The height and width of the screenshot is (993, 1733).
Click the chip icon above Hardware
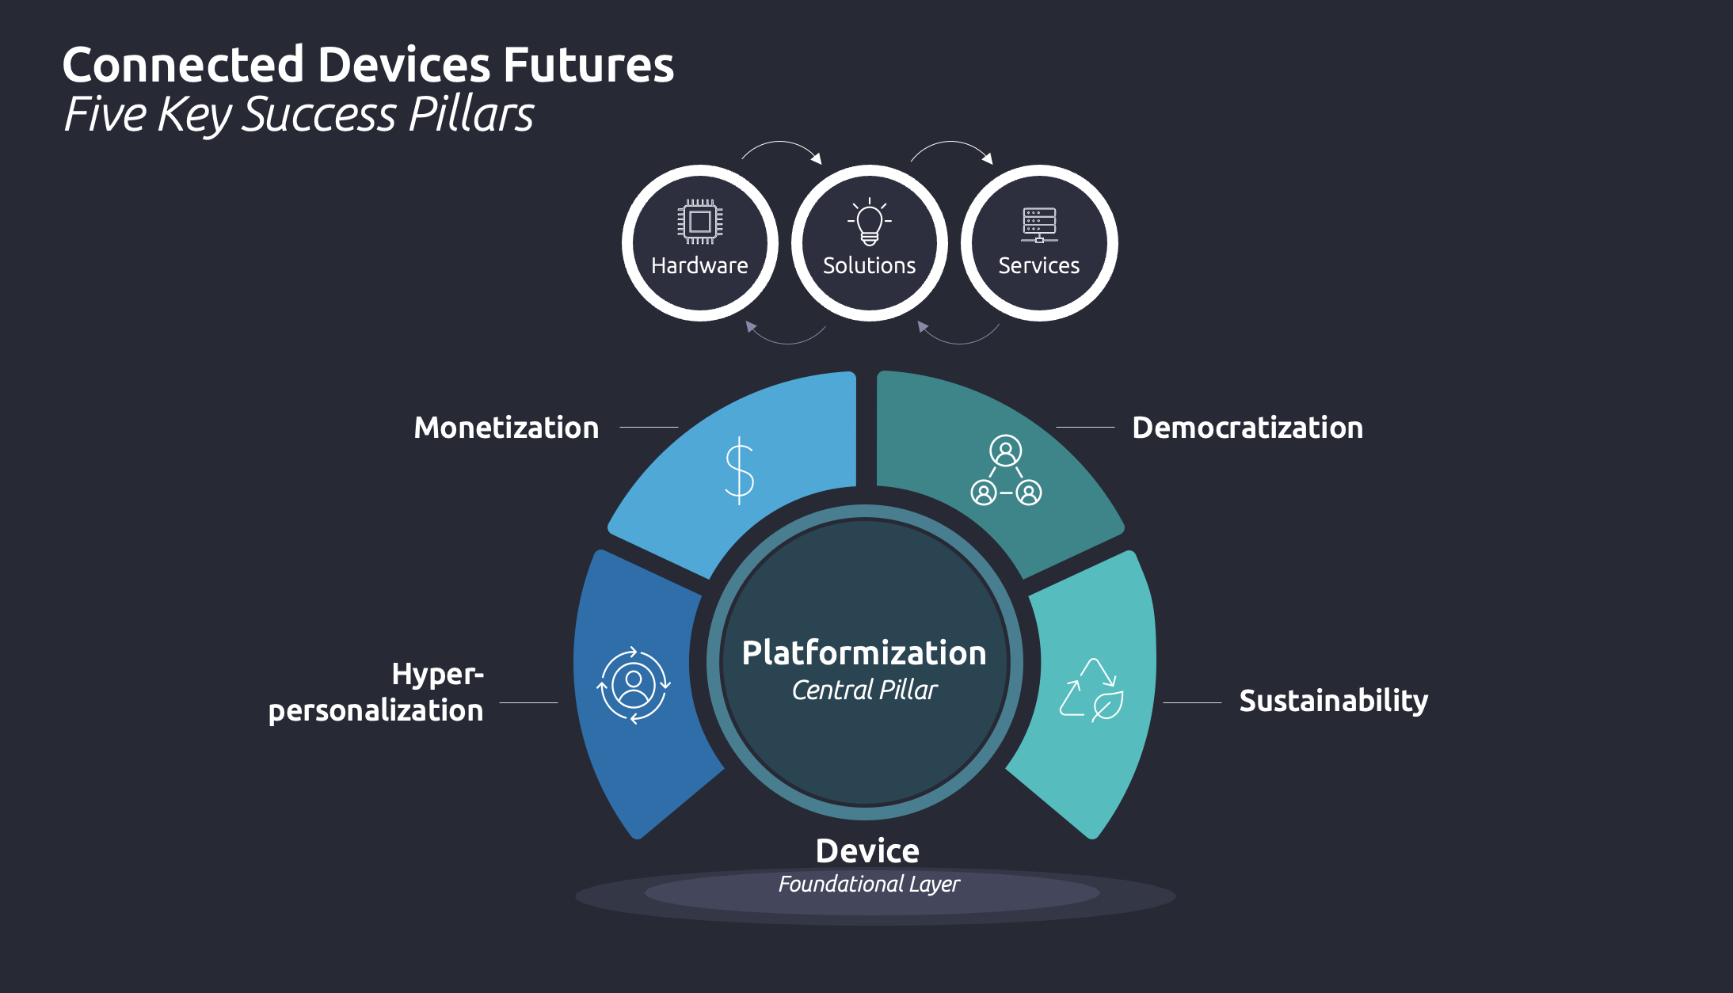699,222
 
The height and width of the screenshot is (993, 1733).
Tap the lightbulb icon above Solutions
869,223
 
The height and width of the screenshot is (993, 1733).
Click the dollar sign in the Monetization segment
740,470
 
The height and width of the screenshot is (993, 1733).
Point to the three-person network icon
1006,470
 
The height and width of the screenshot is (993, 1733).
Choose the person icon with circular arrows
634,686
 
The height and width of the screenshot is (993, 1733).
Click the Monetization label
506,428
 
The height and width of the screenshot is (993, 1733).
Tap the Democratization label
1247,428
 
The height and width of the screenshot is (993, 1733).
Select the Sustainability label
1334,701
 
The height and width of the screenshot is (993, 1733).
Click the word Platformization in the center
864,653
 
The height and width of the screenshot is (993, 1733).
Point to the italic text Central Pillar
864,690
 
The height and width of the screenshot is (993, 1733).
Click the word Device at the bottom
867,851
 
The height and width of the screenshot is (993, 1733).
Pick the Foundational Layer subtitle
869,884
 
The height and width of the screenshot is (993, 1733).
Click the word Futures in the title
588,65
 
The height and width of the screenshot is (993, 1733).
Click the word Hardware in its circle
699,265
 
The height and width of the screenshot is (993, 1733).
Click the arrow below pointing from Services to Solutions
958,336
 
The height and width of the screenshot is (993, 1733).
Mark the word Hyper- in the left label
437,675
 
